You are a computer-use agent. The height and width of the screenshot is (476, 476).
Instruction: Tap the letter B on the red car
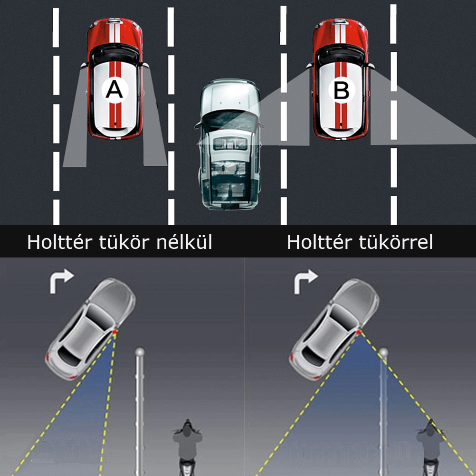pyautogui.click(x=342, y=90)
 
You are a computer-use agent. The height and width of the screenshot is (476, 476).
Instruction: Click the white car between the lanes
pyautogui.click(x=228, y=143)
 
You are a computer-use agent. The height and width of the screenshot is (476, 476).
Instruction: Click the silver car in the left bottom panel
pyautogui.click(x=90, y=328)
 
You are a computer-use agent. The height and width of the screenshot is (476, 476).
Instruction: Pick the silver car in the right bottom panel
pyautogui.click(x=334, y=328)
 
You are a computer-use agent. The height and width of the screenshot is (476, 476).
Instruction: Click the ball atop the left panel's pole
pyautogui.click(x=140, y=352)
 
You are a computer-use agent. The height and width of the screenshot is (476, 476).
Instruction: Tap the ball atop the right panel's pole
pyautogui.click(x=384, y=352)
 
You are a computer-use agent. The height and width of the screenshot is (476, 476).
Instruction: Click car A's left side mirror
pyautogui.click(x=84, y=65)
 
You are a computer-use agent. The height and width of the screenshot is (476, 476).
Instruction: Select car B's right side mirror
pyautogui.click(x=371, y=66)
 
